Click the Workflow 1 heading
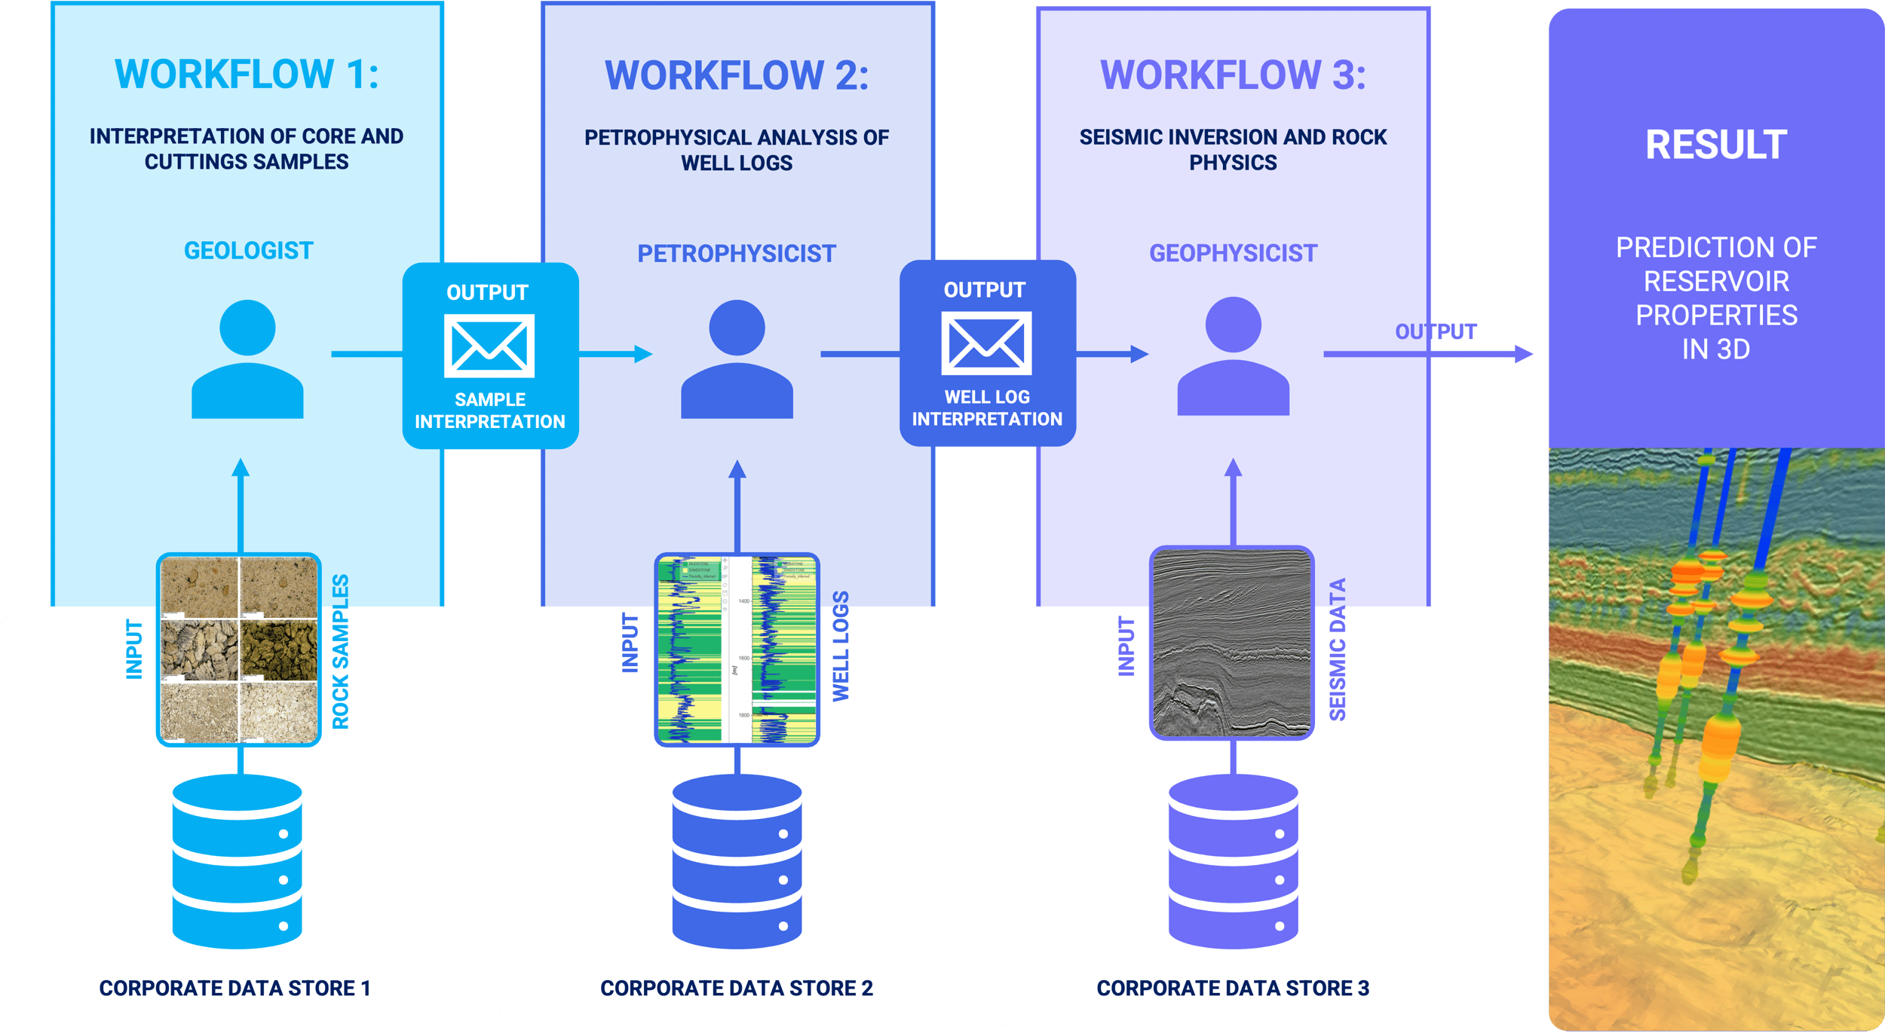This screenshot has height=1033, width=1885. click(x=247, y=75)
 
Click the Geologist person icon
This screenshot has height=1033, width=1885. click(x=247, y=359)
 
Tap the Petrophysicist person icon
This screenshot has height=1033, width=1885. click(x=737, y=359)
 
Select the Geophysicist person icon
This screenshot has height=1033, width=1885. click(x=1233, y=356)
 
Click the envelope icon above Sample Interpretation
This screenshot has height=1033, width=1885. click(x=489, y=346)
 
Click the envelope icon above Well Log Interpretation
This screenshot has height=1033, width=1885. click(x=986, y=344)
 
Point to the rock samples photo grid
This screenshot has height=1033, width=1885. click(x=239, y=649)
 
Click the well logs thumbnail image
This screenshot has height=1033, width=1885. click(x=737, y=649)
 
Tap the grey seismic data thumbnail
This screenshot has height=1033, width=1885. click(x=1232, y=643)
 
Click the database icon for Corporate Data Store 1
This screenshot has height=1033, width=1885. click(x=238, y=861)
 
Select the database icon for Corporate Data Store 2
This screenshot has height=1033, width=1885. click(x=737, y=861)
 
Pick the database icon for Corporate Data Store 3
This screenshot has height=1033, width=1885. click(x=1233, y=861)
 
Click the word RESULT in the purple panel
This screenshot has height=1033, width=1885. click(x=1716, y=145)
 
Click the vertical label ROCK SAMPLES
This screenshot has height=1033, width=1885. click(x=341, y=652)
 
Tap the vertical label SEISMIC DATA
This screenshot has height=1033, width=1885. click(x=1337, y=649)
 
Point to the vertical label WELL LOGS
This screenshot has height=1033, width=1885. click(x=841, y=646)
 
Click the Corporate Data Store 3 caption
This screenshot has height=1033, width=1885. click(x=1233, y=988)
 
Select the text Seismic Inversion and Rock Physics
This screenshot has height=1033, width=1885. click(x=1233, y=149)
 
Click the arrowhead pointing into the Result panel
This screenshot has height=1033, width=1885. click(x=1525, y=353)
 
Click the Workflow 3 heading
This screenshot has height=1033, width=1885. click(x=1233, y=75)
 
